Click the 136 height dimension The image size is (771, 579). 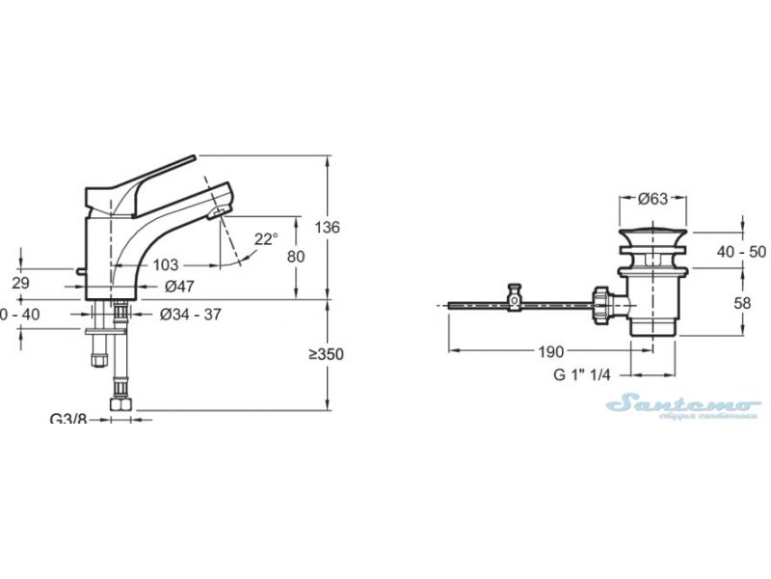coord(329,228)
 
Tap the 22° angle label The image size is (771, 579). coord(266,238)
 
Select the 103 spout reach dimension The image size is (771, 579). coord(167,264)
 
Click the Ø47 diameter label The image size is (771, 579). coord(180,287)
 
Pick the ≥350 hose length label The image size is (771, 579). coord(326,354)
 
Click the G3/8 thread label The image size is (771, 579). coord(67,419)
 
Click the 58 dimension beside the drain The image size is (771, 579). coord(744,303)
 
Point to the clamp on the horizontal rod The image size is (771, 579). coord(516,298)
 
